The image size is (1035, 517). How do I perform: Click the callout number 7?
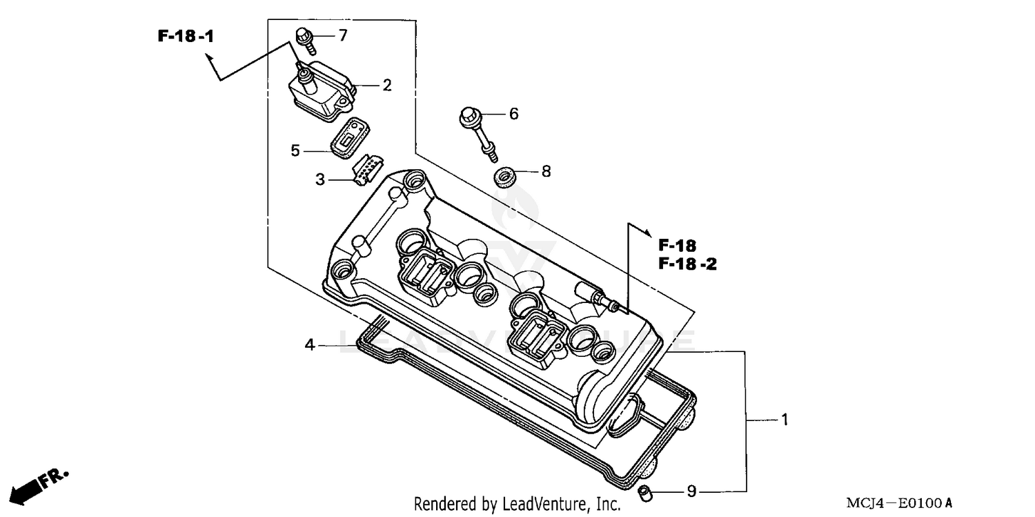(x=343, y=35)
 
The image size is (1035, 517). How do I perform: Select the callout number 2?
(x=387, y=85)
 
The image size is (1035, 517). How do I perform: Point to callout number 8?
(x=546, y=171)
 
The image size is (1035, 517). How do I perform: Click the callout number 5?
(x=295, y=150)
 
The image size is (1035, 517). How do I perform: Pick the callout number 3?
(x=320, y=179)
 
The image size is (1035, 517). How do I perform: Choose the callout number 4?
(x=310, y=344)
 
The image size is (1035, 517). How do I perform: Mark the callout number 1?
(x=784, y=420)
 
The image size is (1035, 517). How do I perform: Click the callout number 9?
(x=692, y=491)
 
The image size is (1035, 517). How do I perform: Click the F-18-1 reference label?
(x=186, y=37)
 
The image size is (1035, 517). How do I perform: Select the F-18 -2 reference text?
(x=687, y=264)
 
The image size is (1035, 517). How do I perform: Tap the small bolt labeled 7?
(x=306, y=40)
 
